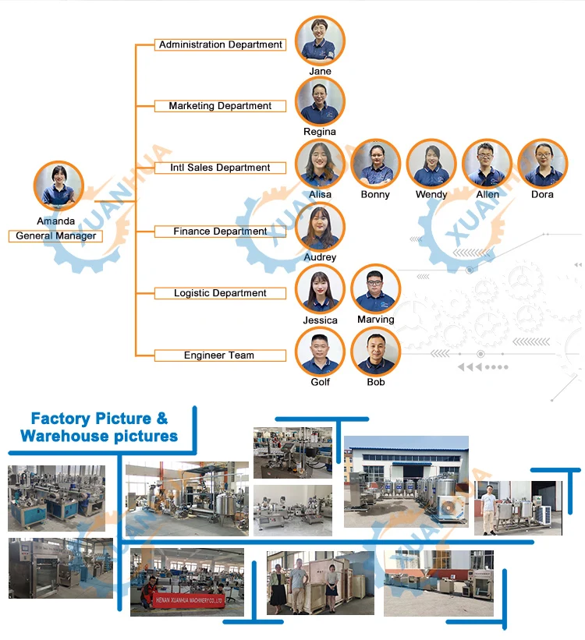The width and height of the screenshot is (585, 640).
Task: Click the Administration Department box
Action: point(220,45)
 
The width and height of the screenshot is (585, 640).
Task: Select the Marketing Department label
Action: point(220,106)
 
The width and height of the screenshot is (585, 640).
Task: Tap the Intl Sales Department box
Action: point(220,168)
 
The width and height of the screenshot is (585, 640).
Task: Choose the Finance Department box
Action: point(220,232)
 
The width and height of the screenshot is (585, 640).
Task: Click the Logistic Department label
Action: point(220,293)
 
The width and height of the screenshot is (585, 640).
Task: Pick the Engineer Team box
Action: point(219,355)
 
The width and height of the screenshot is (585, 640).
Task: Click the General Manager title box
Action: point(55,236)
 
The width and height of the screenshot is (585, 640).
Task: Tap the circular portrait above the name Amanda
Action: point(58,186)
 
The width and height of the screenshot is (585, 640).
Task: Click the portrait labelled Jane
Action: point(320,40)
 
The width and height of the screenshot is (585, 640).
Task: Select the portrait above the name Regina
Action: point(320,101)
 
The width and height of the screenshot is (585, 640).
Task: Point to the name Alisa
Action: point(320,195)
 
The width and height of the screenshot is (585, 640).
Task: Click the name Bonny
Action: point(375,195)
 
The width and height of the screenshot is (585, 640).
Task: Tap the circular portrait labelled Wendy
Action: point(431,164)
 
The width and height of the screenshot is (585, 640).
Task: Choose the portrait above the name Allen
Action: point(487,164)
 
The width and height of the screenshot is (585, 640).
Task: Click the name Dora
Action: point(542,195)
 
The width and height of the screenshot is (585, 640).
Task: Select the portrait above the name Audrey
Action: point(320,227)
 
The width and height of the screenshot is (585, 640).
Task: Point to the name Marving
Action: point(376,320)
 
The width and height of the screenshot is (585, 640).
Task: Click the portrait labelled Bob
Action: point(376,351)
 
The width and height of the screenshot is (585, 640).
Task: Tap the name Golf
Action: point(321,382)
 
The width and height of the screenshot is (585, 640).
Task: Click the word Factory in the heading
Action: point(59,419)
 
